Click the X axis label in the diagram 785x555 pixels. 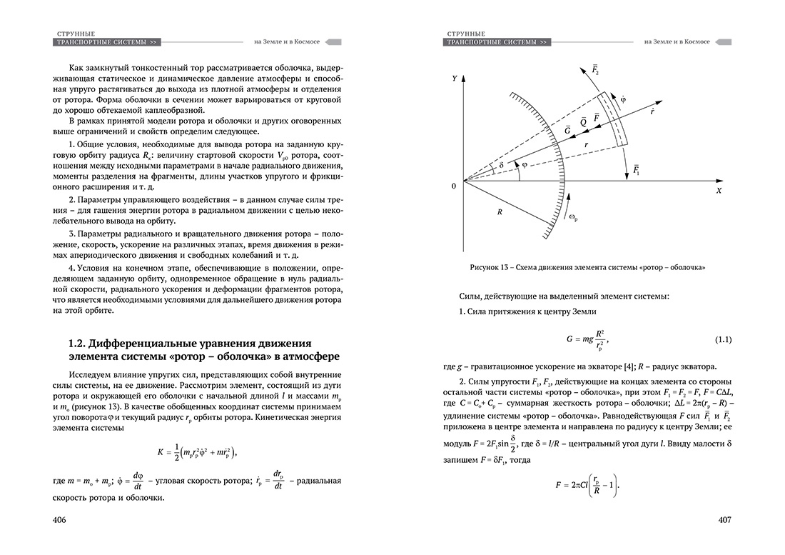click(719, 191)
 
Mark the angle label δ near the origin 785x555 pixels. click(502, 165)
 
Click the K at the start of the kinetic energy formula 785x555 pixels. click(161, 452)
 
